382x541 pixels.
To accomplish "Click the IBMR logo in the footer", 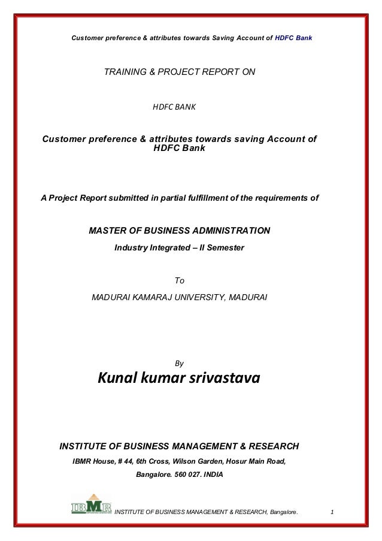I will pos(91,504).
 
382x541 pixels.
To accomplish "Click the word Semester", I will pos(226,247).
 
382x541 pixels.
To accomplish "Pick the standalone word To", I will pos(178,280).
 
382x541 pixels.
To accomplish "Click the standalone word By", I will pos(178,363).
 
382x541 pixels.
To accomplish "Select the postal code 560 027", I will pos(186,477).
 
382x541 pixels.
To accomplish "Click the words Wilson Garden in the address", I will pos(198,461).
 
